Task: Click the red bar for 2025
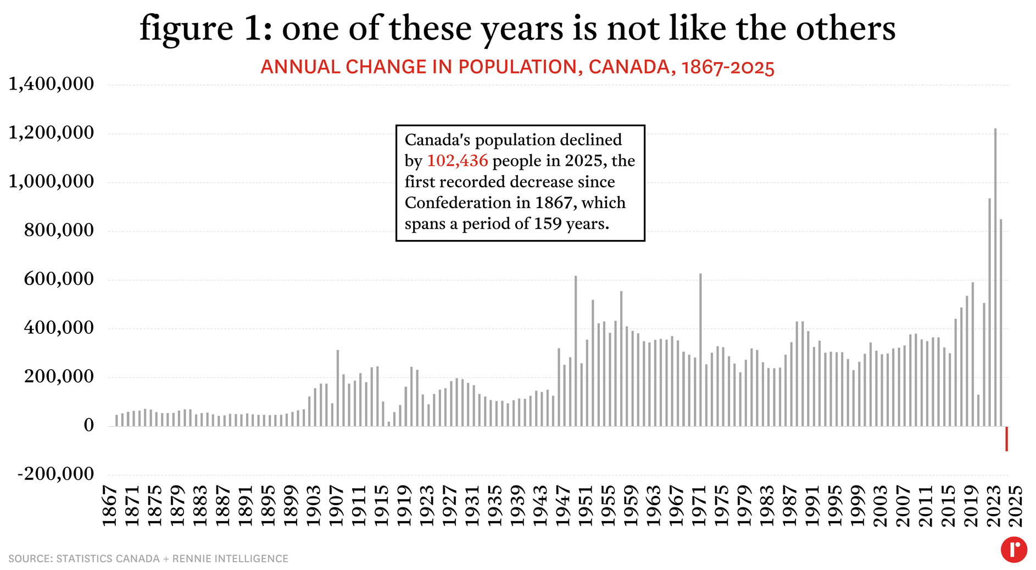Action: [x=1006, y=438]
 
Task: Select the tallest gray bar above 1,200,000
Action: [x=995, y=275]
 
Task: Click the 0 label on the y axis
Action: [x=88, y=425]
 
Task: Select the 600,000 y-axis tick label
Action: [x=59, y=279]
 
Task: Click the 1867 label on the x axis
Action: [x=110, y=505]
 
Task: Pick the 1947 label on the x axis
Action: [x=563, y=505]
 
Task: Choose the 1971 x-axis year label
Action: [x=699, y=505]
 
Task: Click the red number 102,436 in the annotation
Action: [x=457, y=161]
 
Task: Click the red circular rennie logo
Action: [x=1013, y=549]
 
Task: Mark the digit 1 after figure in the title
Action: [x=253, y=29]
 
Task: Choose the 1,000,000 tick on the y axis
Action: [x=51, y=181]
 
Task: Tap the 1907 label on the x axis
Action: [x=336, y=505]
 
